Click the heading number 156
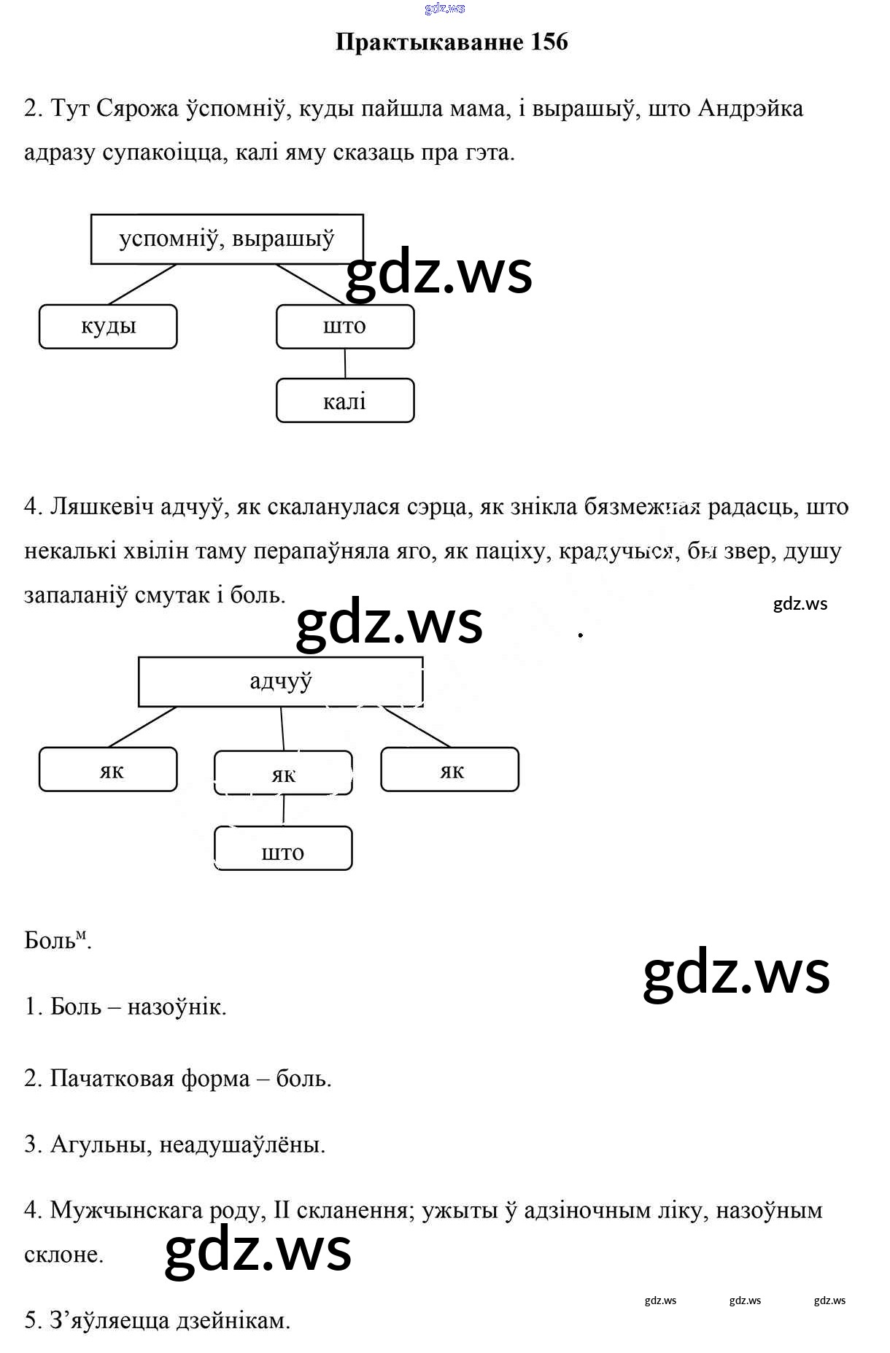coord(549,42)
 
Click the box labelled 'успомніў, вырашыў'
coord(227,239)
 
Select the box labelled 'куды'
coord(108,327)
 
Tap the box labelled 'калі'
coord(345,400)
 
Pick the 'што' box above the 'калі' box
coord(345,327)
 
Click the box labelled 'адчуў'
coord(281,682)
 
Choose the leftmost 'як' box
coord(108,769)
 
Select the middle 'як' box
coord(283,773)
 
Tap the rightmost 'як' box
coord(450,769)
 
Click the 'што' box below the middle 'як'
coord(283,848)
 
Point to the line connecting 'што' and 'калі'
coord(345,363)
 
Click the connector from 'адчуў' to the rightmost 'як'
coord(417,727)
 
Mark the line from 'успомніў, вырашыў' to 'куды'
coord(143,284)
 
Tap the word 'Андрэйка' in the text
coord(751,109)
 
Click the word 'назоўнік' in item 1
coord(177,1007)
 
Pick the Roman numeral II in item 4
coord(282,1211)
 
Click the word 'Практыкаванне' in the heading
coord(430,42)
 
